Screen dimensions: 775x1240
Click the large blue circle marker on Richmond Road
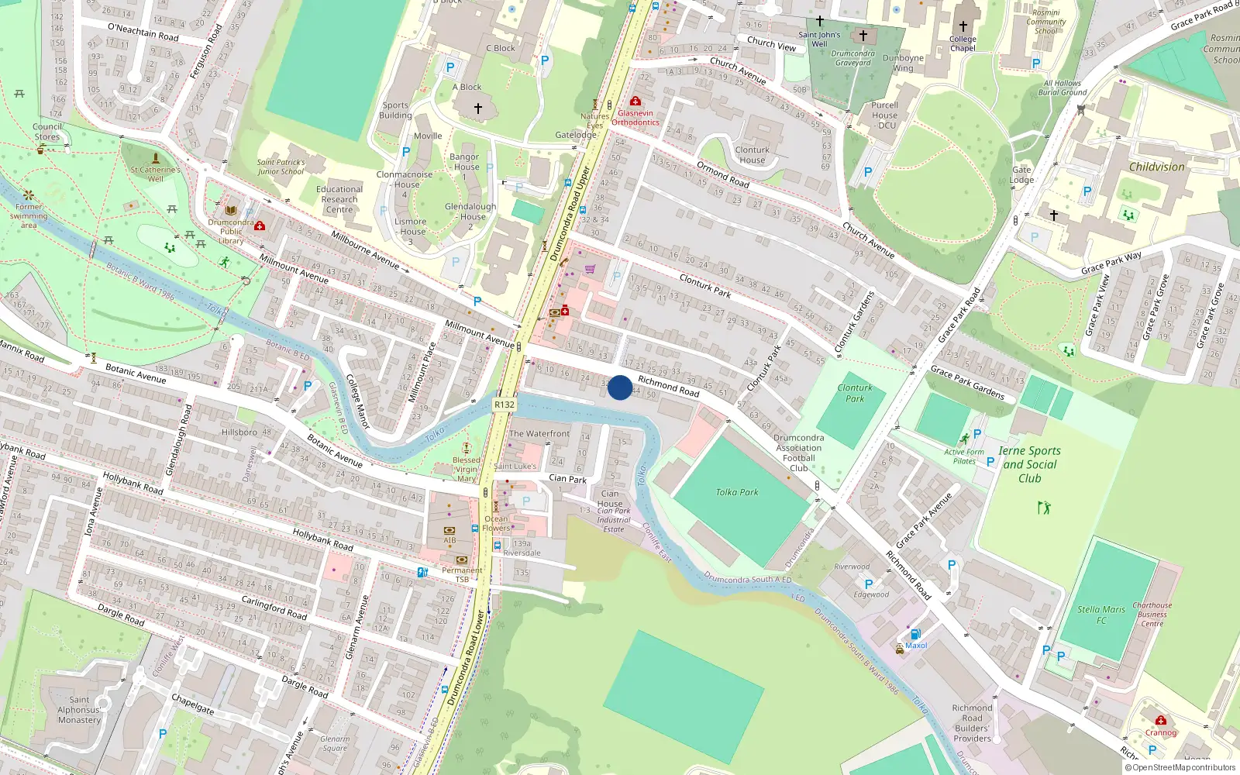pos(620,387)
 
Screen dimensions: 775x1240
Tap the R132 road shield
pos(504,405)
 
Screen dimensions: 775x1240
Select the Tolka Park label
pos(737,492)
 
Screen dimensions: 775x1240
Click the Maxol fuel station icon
pos(915,634)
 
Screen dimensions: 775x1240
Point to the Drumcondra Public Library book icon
pos(231,210)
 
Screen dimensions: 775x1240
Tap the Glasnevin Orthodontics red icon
pos(635,102)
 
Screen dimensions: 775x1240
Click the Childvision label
pos(1156,167)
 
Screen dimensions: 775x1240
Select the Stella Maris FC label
pos(1101,615)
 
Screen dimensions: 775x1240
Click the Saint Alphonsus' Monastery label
pos(79,710)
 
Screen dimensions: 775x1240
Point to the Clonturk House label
pos(752,155)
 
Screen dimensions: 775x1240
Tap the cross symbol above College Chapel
pos(963,26)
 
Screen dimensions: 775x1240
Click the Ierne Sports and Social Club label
pos(1029,464)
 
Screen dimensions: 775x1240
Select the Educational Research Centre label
pos(339,199)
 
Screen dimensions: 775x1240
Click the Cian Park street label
pos(567,479)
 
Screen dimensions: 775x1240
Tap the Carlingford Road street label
pos(274,608)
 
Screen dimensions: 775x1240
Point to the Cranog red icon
pos(1160,721)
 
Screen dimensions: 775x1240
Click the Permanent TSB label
pos(462,574)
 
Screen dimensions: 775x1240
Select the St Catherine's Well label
pos(155,174)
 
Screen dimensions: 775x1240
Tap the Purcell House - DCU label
pos(884,115)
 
